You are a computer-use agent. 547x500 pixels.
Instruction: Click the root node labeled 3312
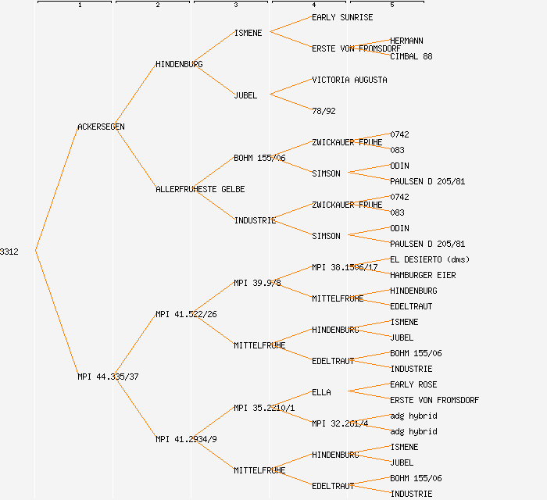coord(9,252)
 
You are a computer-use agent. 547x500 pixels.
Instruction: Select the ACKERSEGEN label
coord(101,127)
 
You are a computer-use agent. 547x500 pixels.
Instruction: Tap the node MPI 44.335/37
coord(108,377)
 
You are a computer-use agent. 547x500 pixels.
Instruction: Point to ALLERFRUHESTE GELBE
coord(200,189)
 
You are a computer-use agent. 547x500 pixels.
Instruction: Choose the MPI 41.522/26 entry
coord(186,314)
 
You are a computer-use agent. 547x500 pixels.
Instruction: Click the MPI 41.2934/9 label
coord(186,439)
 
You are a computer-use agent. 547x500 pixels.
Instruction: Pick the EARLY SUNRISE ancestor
coord(342,17)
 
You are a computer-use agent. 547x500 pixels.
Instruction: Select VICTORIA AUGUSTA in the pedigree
coord(349,80)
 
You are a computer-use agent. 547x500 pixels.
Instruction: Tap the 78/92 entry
coord(324,111)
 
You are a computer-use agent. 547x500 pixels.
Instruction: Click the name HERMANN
coord(406,41)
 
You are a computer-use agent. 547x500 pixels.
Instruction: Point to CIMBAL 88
coord(411,56)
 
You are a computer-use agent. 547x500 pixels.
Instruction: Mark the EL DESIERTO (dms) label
coord(430,259)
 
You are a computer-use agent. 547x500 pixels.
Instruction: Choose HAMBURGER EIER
coord(423,275)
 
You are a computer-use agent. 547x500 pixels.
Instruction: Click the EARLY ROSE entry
coord(413,384)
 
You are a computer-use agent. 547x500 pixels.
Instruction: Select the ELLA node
coord(321,392)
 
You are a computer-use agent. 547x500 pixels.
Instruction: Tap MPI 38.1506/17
coord(345,267)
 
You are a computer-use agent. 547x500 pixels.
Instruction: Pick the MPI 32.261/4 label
coord(340,423)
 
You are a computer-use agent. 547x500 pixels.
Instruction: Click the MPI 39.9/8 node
coord(257,283)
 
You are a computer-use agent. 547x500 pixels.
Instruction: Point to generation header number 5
coord(392,5)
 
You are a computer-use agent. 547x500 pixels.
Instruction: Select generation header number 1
coord(80,5)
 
